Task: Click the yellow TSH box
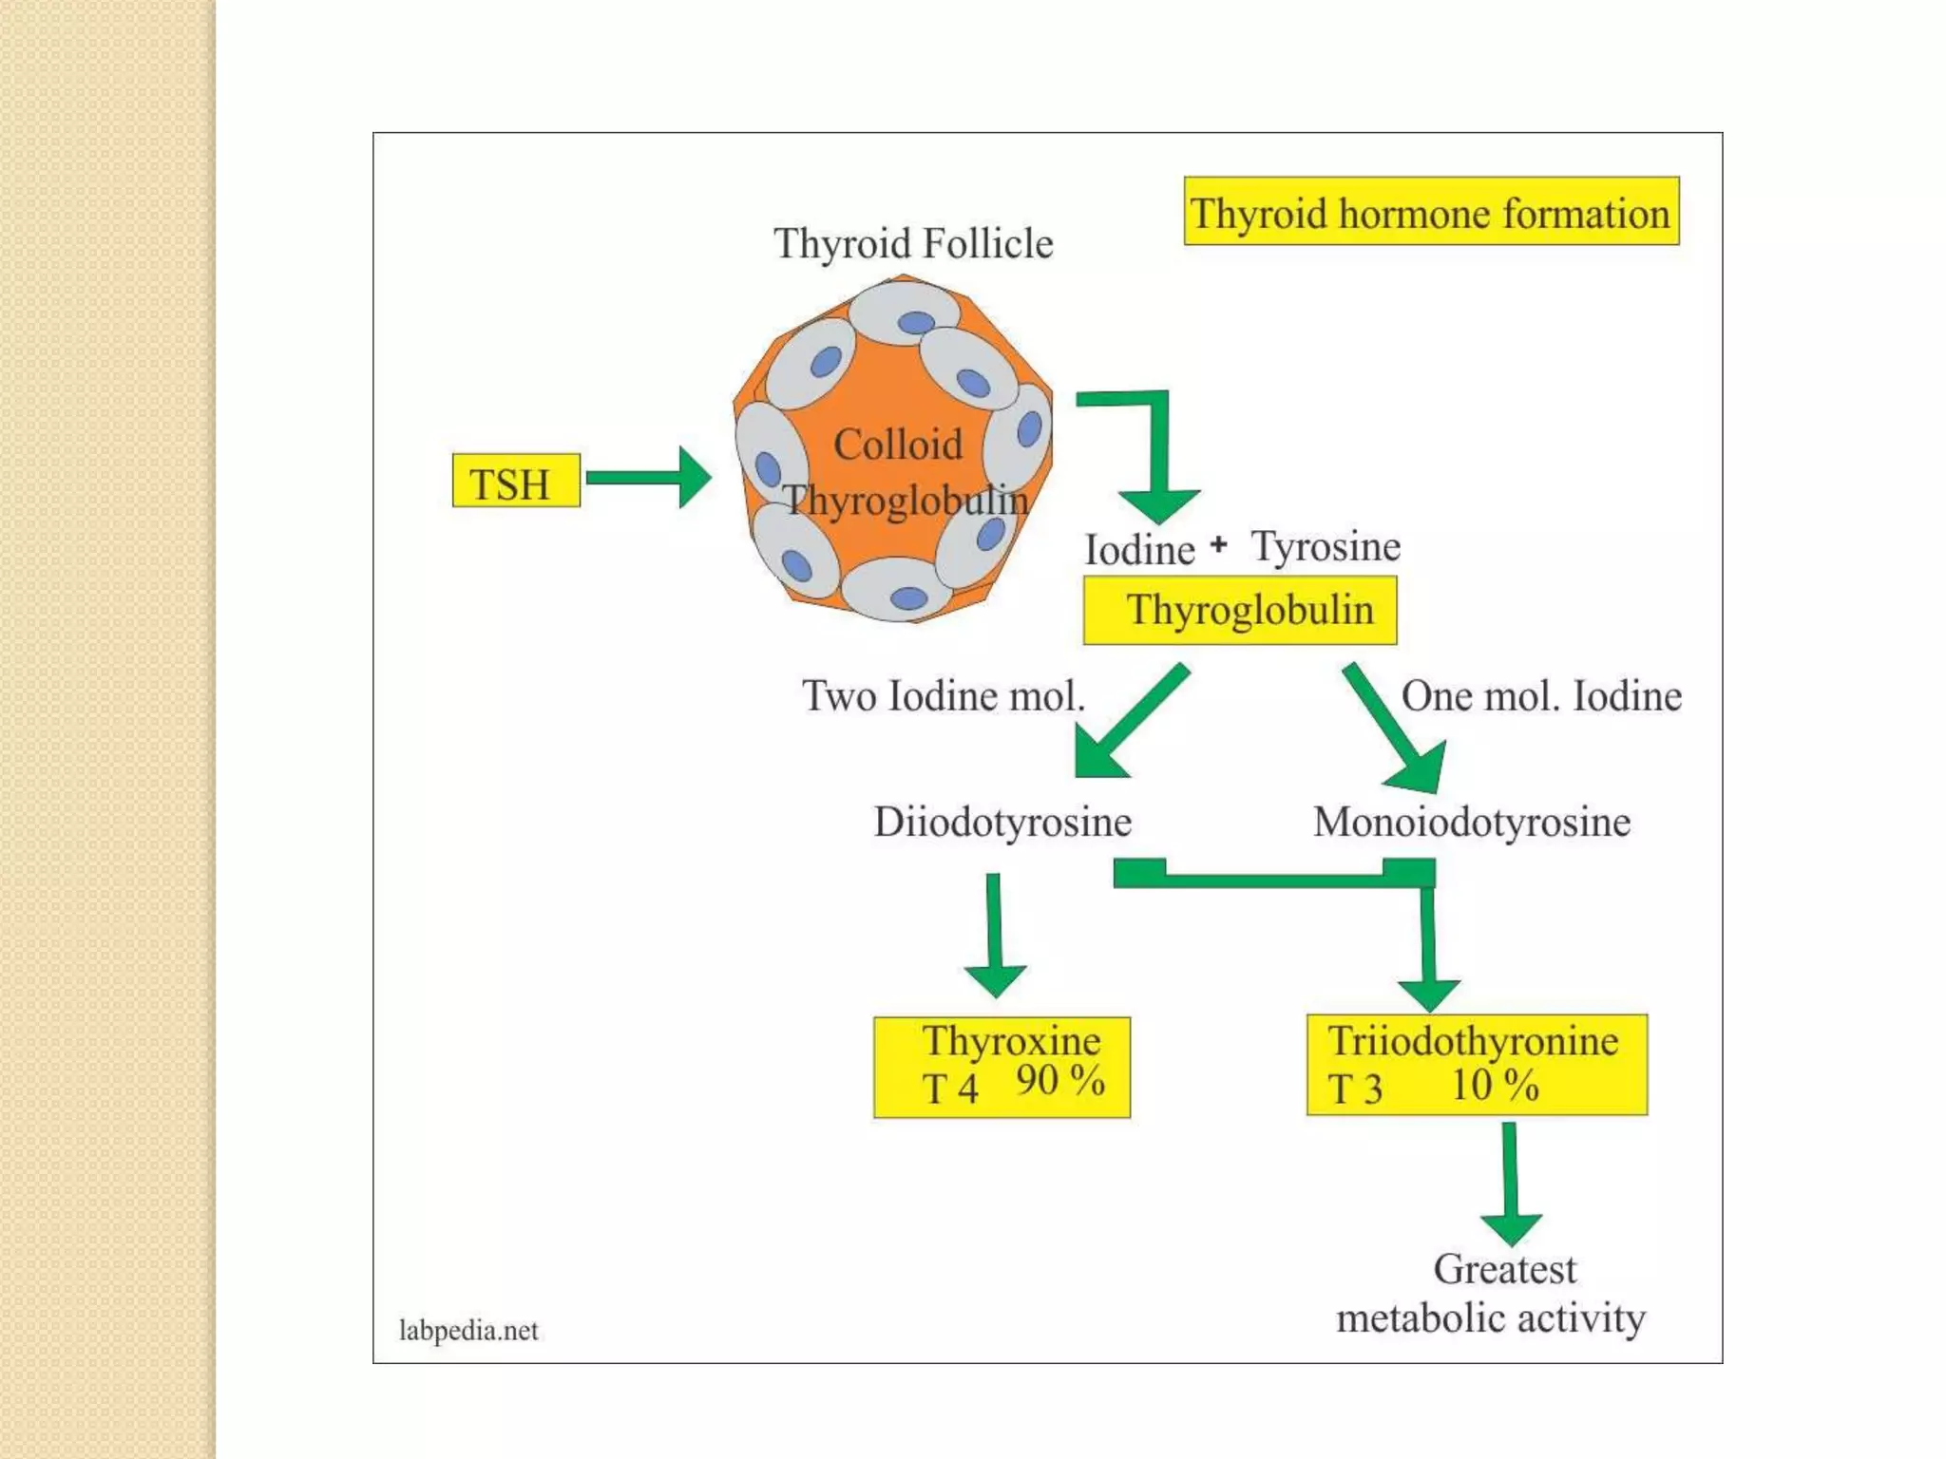516,481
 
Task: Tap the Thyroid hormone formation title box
1431,212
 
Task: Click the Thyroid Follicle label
913,243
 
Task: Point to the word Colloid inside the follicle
898,445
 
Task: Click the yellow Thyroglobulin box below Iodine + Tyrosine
1240,610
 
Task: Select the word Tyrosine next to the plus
1326,547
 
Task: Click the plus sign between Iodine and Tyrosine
1219,544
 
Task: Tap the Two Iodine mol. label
943,696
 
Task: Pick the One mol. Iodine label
1541,696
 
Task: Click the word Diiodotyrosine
1002,822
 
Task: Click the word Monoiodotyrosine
1472,822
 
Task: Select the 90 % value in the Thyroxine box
1059,1081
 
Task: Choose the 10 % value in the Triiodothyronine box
1495,1086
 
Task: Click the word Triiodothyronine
1473,1041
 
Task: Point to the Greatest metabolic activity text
1492,1294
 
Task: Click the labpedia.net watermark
468,1330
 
